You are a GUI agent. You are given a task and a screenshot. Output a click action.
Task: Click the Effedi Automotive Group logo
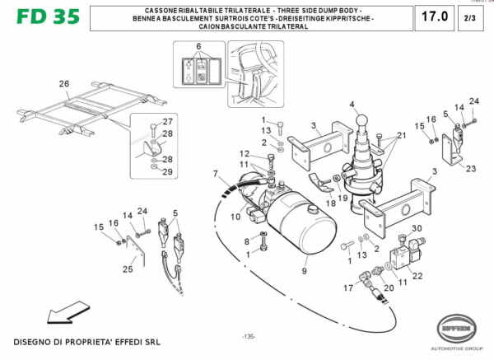(463, 329)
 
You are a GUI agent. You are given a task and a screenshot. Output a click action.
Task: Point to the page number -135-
(248, 337)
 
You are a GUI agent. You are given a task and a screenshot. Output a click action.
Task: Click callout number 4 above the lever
(351, 105)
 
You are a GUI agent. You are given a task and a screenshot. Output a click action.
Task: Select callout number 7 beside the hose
(216, 174)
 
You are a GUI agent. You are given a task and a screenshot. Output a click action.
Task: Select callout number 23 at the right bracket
(470, 168)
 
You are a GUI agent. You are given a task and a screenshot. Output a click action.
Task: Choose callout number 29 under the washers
(167, 171)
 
